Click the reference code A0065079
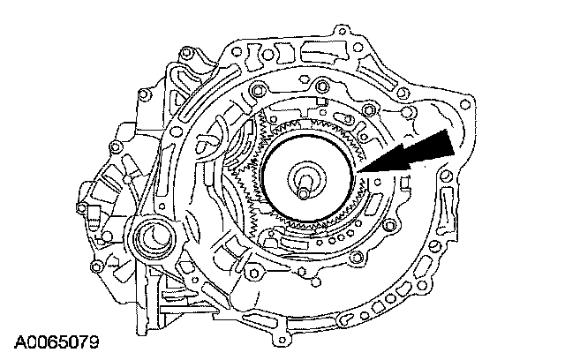point(56,342)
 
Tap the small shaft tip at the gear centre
point(303,194)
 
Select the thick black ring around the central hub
point(308,136)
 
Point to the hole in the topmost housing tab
point(341,31)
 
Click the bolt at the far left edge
point(81,207)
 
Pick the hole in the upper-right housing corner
point(466,105)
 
